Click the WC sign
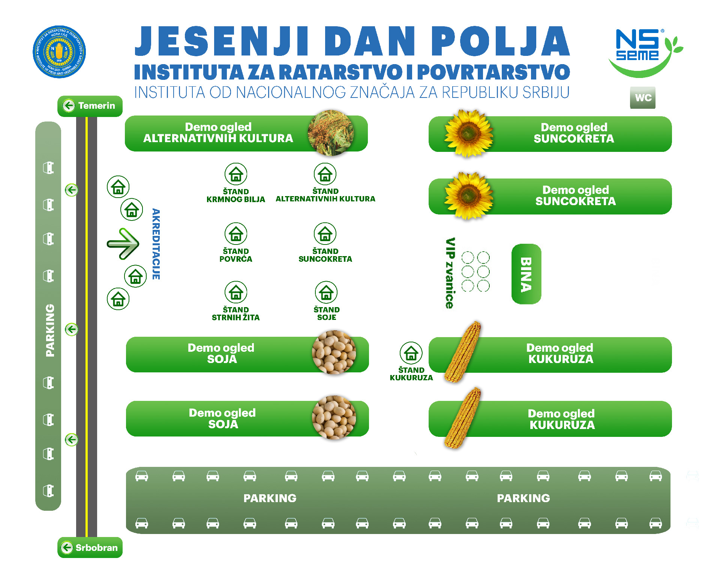click(x=642, y=98)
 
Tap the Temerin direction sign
click(x=90, y=106)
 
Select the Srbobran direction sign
click(x=90, y=547)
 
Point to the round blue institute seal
click(x=59, y=52)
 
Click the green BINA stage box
click(x=526, y=274)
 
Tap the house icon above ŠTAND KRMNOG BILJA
click(x=235, y=174)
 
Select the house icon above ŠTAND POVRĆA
click(x=235, y=234)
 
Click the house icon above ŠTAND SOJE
click(x=326, y=292)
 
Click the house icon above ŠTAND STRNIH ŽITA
click(x=235, y=292)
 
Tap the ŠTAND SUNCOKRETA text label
click(x=325, y=255)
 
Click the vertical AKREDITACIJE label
click(x=156, y=244)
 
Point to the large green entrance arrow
click(x=123, y=244)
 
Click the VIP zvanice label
click(x=450, y=273)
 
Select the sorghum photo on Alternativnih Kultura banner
click(x=330, y=133)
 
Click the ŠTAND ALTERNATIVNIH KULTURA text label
click(x=325, y=195)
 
